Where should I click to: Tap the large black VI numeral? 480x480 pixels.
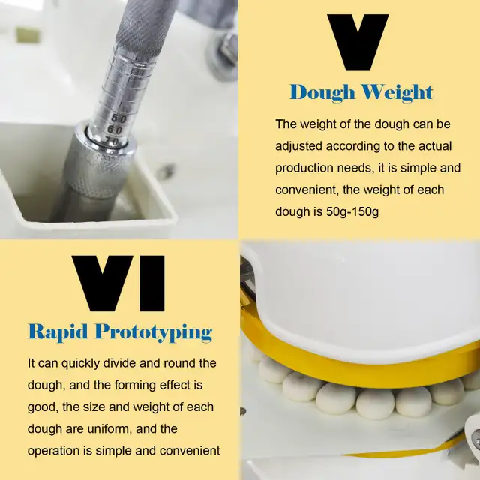(119, 283)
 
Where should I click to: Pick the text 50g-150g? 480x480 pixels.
(353, 211)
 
